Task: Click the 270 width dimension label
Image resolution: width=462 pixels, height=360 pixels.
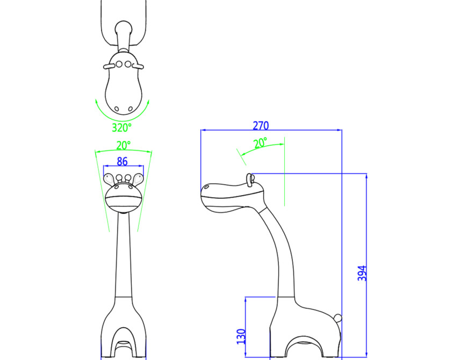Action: (261, 126)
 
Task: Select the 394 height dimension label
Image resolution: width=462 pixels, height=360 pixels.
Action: (362, 273)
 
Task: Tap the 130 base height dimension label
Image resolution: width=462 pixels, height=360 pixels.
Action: (241, 336)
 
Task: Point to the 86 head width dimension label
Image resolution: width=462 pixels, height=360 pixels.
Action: (122, 161)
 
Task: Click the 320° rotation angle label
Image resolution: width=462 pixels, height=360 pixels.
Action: (122, 127)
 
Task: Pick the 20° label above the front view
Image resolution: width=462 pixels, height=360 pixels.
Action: (123, 146)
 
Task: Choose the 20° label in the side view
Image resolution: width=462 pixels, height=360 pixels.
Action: (260, 143)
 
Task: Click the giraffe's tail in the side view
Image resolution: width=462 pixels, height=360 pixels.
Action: (338, 318)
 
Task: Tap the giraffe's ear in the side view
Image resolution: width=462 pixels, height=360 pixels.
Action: (250, 179)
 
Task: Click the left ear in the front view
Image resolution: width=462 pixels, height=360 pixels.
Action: (109, 179)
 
